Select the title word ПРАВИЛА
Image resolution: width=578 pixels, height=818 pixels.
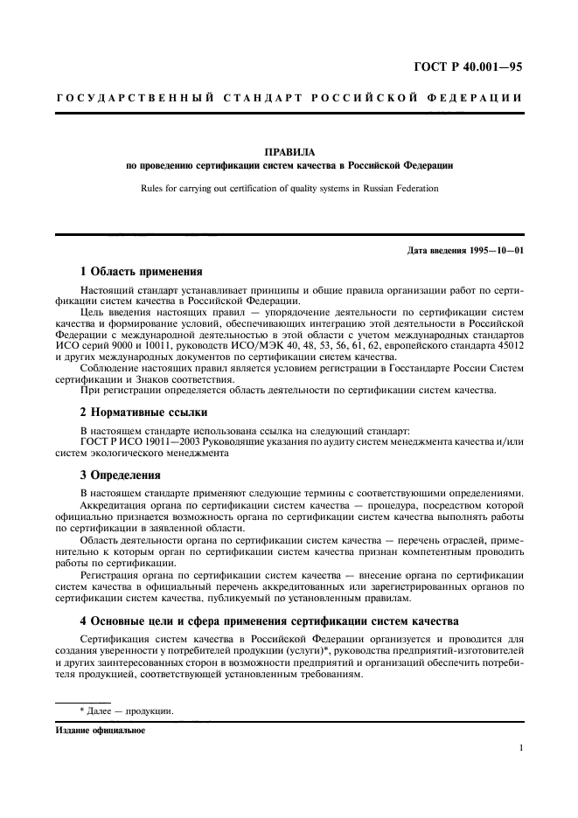[289, 151]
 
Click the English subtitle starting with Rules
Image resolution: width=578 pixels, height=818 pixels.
[289, 187]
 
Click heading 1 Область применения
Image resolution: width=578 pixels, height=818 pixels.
[141, 271]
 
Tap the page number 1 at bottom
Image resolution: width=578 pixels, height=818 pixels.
[520, 748]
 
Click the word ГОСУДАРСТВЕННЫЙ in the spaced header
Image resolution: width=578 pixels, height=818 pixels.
[136, 97]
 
